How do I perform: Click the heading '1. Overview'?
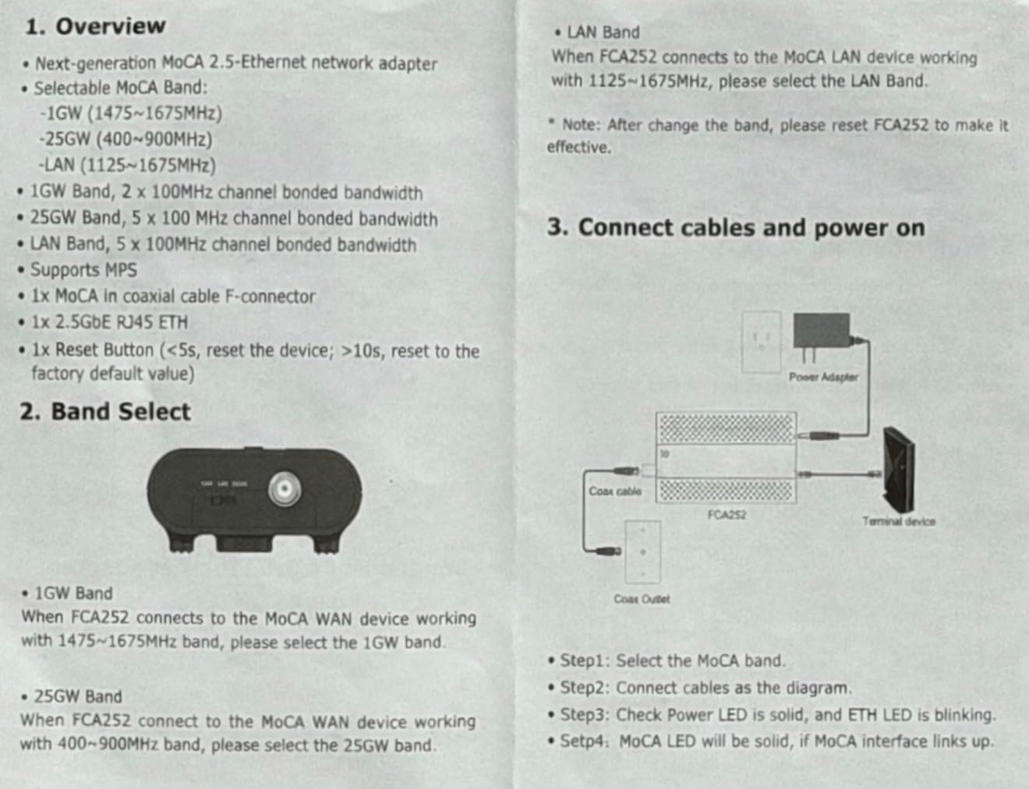(x=95, y=26)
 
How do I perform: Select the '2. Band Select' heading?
(x=105, y=411)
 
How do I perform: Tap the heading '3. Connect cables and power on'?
(x=736, y=227)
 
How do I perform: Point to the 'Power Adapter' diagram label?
(x=823, y=377)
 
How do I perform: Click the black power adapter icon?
(x=822, y=331)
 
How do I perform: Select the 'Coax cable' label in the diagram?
(x=615, y=491)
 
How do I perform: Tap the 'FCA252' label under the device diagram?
(x=727, y=514)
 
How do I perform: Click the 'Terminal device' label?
(x=898, y=521)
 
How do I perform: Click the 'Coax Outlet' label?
(x=641, y=598)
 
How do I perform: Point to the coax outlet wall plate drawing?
(x=642, y=551)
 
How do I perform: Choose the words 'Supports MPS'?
(x=83, y=270)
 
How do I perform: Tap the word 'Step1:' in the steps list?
(x=585, y=660)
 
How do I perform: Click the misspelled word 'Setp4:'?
(x=585, y=741)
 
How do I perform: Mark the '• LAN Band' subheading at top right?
(x=597, y=33)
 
